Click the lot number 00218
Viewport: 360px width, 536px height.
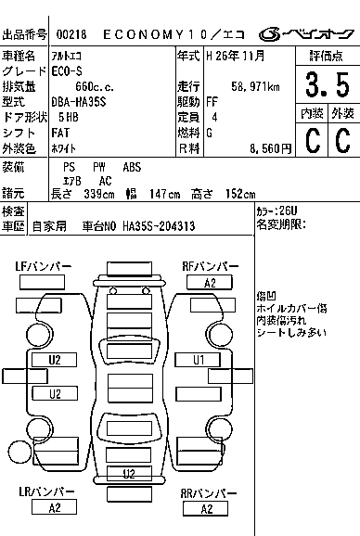tap(71, 34)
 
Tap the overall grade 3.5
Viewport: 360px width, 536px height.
tap(328, 84)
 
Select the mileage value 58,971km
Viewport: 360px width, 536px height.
tap(255, 86)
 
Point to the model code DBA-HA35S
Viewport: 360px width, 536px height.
tap(79, 102)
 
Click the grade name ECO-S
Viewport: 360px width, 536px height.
tap(67, 71)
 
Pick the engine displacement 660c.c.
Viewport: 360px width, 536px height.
tap(95, 87)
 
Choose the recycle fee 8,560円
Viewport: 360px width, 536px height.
tap(270, 148)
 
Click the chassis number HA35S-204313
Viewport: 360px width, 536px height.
tap(159, 226)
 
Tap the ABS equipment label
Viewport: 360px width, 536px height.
tap(132, 167)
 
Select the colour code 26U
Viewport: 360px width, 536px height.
tap(288, 211)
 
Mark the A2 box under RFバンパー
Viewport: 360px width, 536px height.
tap(210, 283)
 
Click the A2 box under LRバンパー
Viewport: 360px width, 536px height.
tap(54, 507)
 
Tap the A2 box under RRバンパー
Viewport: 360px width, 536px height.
tap(205, 509)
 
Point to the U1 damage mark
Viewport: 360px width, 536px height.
tap(198, 360)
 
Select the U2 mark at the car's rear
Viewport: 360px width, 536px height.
tap(129, 473)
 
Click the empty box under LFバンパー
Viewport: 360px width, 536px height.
tap(42, 282)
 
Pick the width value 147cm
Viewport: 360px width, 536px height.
tap(164, 194)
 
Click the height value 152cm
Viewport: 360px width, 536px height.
tap(240, 194)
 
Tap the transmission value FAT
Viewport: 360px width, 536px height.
tap(60, 133)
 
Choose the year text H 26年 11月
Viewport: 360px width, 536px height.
tap(236, 56)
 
